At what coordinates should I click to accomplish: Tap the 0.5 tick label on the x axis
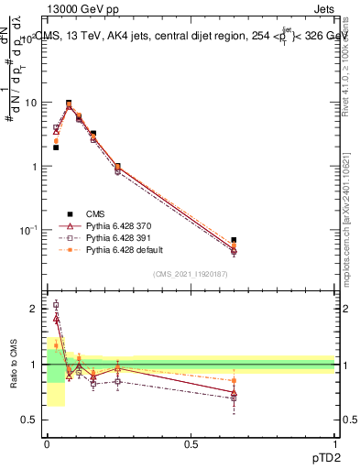pyautogui.click(x=191, y=443)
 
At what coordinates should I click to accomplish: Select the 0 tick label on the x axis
pyautogui.click(x=47, y=443)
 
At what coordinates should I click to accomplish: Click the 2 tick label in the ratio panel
pyautogui.click(x=35, y=309)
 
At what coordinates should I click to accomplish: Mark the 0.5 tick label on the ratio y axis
pyautogui.click(x=30, y=420)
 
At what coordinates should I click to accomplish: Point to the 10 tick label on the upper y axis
pyautogui.click(x=30, y=103)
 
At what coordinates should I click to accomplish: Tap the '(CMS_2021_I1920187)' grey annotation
pyautogui.click(x=191, y=274)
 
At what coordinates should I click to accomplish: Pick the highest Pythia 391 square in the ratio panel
pyautogui.click(x=56, y=305)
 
